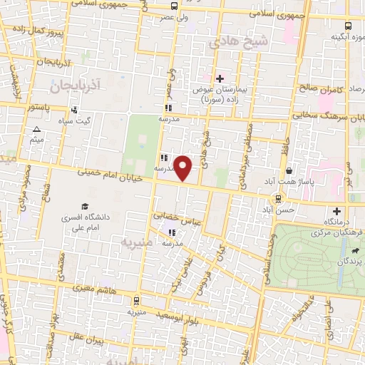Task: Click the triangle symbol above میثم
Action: tap(36, 130)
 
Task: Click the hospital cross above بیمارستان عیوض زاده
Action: tap(220, 78)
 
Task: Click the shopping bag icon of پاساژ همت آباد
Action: tap(289, 171)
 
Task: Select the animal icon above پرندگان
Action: tap(354, 251)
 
